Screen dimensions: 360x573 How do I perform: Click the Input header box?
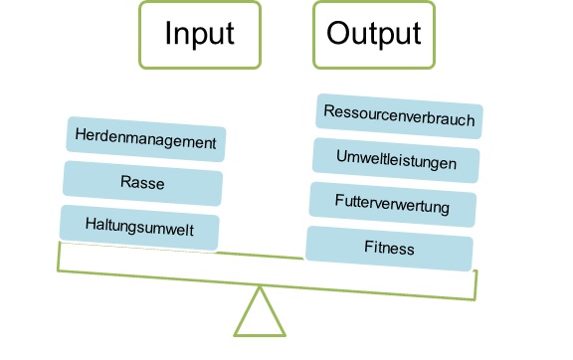(x=200, y=35)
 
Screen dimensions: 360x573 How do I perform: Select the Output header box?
(x=373, y=35)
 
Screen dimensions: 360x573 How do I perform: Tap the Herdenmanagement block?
(x=145, y=140)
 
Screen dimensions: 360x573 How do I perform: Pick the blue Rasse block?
(x=142, y=183)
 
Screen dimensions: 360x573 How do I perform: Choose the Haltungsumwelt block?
(x=139, y=228)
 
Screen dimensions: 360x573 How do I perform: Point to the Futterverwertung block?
(x=392, y=206)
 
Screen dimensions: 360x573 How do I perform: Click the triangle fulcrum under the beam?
(x=261, y=316)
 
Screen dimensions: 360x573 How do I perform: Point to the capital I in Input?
(x=168, y=34)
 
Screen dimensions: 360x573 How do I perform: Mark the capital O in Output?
(x=338, y=34)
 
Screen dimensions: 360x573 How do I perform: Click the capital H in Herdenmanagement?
(x=80, y=141)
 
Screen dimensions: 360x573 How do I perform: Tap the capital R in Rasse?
(x=123, y=184)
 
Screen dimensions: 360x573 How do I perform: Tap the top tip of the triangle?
(x=261, y=288)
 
